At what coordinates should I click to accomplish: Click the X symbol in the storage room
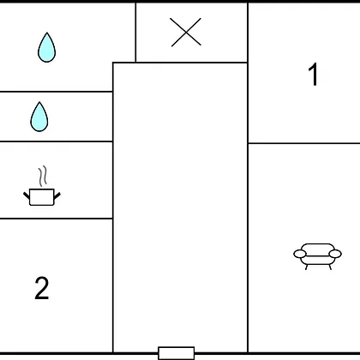pos(186,32)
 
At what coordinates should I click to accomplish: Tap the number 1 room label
pos(314,74)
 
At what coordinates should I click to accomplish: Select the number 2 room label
pos(42,288)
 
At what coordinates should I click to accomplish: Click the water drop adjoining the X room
pos(47,47)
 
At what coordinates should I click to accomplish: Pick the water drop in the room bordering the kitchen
pos(39,117)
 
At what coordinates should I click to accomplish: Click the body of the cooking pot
pos(42,197)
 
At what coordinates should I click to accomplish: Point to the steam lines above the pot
pos(42,176)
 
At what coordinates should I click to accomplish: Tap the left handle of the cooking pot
pos(27,195)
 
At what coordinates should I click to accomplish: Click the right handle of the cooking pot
pos(57,195)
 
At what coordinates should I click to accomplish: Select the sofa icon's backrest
pos(318,248)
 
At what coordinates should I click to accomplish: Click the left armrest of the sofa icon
pos(300,254)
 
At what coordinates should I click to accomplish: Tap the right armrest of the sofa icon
pos(335,254)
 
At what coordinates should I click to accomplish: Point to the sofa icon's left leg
pos(307,267)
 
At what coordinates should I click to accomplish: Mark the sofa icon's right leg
pos(330,267)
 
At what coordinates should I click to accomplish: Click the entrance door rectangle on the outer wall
pos(177,353)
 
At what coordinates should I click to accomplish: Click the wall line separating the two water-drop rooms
pos(57,92)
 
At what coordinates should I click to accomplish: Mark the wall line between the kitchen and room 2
pos(57,219)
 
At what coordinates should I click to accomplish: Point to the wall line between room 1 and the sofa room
pos(304,143)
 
